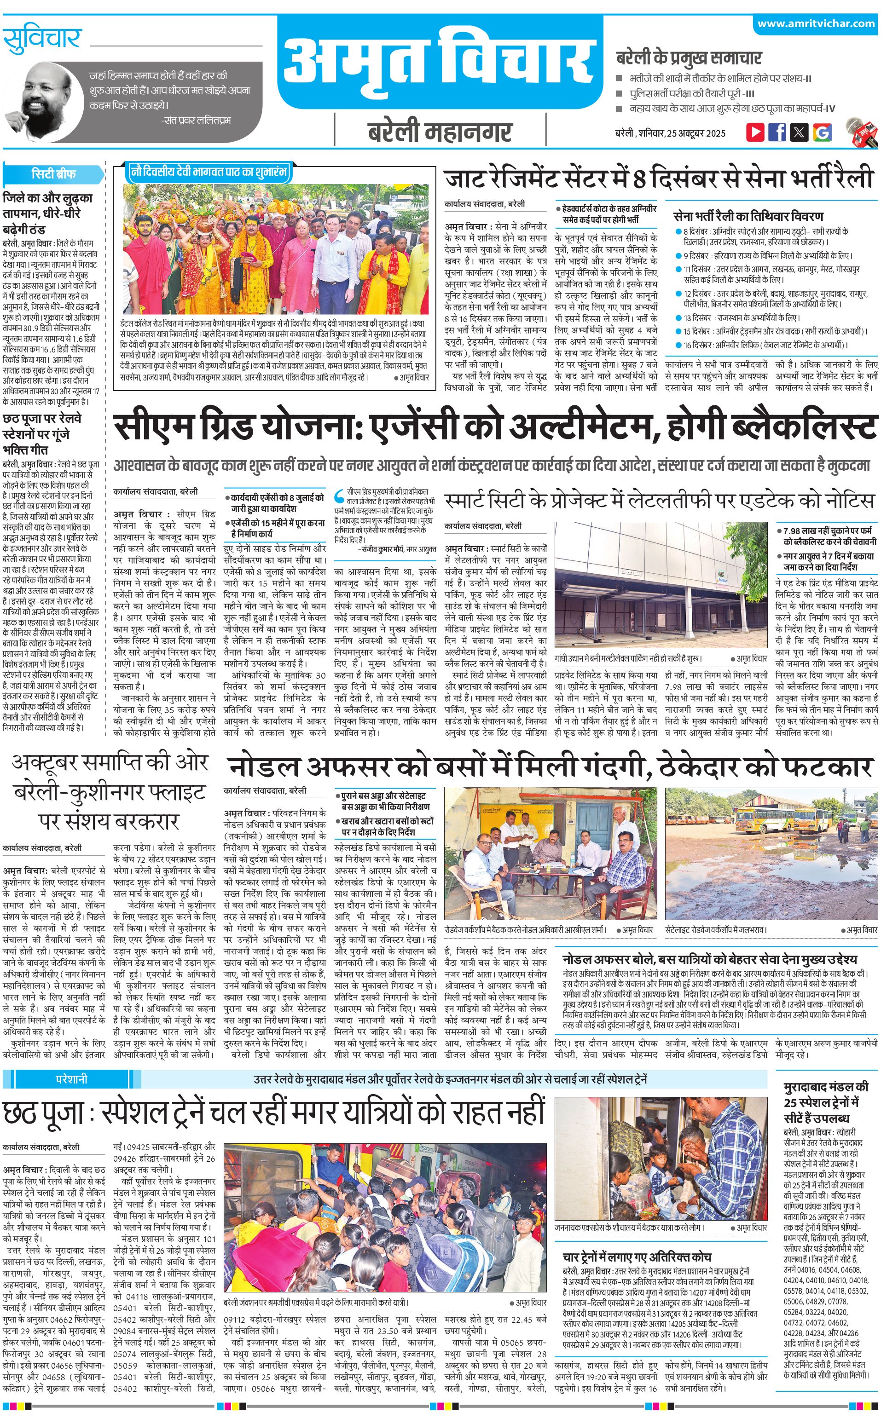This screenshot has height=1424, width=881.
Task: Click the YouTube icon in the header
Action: point(755,132)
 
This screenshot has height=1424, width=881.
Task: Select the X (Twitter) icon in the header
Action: point(800,132)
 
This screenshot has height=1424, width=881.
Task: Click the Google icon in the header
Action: point(822,132)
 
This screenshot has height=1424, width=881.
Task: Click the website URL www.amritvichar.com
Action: point(816,24)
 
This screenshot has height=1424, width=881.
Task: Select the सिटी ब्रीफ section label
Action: point(53,173)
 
